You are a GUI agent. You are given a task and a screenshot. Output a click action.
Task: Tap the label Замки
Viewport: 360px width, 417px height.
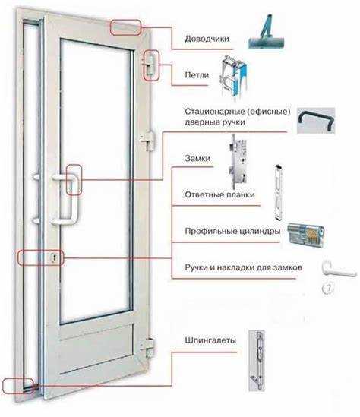point(197,159)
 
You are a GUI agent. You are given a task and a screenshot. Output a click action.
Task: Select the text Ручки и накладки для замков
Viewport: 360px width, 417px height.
point(243,268)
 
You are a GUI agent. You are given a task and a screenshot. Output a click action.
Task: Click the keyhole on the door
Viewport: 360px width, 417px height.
point(55,258)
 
